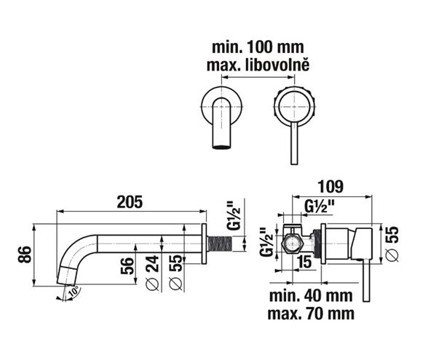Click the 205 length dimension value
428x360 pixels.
tap(130, 202)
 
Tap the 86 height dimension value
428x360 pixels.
tap(25, 255)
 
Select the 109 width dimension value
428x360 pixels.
tap(330, 187)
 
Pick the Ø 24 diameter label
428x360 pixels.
tap(152, 273)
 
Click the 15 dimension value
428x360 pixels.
tap(304, 262)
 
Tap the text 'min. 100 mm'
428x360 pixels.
tap(258, 47)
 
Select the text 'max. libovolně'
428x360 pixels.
tap(258, 65)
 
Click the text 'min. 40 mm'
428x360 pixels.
tap(311, 295)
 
